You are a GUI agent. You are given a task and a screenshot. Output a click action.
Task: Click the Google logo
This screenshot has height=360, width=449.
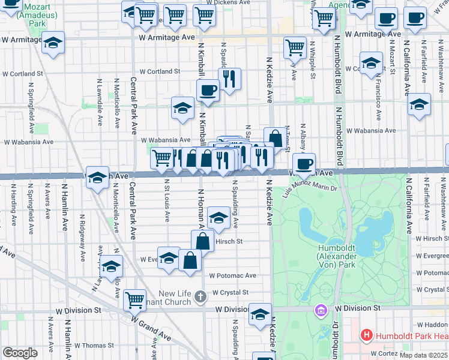point(20,353)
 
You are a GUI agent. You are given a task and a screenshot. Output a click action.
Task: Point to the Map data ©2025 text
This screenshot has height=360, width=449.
point(423,355)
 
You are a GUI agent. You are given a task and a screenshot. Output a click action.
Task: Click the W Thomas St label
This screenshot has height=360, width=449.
point(94,346)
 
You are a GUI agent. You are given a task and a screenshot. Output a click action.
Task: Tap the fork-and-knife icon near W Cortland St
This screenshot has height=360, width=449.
point(229,77)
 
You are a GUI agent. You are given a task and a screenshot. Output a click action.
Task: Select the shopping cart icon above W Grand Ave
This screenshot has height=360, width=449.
point(135,298)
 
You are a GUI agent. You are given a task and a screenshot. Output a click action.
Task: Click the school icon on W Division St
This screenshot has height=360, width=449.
point(261,314)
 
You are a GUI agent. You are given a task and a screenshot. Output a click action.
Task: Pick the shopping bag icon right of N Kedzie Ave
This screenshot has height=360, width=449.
point(276,137)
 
